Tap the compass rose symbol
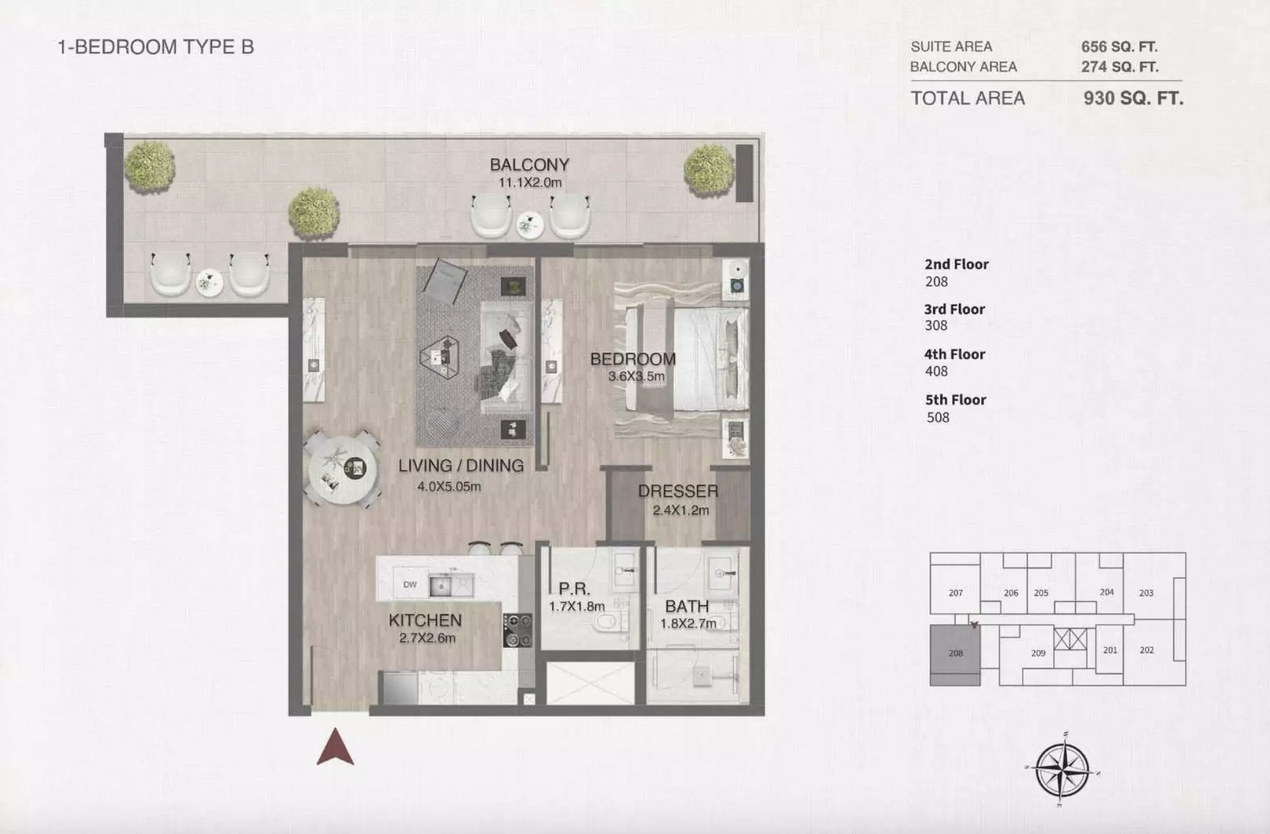1062,769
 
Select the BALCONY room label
529,164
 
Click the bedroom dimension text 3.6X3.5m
636,377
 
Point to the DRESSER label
678,491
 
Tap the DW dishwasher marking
410,585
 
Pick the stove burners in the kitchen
517,630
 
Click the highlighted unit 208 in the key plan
955,655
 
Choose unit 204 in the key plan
1107,592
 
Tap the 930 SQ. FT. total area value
1133,99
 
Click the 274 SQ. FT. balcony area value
1119,67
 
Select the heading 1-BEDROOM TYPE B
156,47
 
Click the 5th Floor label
955,400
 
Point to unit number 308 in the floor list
936,326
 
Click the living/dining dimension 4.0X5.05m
449,487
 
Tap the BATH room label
687,606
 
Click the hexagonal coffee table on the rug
440,357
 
